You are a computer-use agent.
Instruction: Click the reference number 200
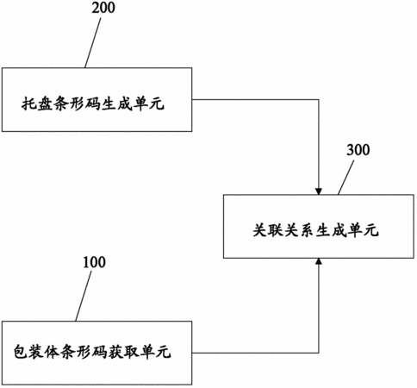(x=103, y=8)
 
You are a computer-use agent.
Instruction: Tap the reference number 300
(x=358, y=150)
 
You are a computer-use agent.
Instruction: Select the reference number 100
(x=94, y=262)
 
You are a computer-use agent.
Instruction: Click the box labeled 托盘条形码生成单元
(x=97, y=100)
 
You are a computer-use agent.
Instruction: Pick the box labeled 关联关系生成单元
(x=319, y=226)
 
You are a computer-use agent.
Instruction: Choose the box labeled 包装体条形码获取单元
(x=97, y=353)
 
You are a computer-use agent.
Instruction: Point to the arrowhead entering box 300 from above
(x=319, y=191)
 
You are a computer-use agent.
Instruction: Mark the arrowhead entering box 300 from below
(x=319, y=261)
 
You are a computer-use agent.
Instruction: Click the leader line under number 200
(x=93, y=43)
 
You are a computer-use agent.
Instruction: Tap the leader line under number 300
(x=345, y=178)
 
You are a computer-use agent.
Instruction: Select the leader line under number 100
(x=84, y=296)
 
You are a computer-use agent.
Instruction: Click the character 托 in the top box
(x=28, y=103)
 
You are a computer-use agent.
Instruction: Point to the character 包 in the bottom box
(x=22, y=351)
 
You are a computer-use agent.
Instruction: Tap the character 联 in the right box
(x=276, y=230)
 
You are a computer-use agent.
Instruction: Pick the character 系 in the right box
(x=307, y=230)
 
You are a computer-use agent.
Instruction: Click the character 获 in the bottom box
(x=115, y=351)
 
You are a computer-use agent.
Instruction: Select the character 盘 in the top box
(x=45, y=103)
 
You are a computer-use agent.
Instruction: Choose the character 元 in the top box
(x=157, y=103)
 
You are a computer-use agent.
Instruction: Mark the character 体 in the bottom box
(x=53, y=351)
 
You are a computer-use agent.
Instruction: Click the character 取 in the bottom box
(x=132, y=351)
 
